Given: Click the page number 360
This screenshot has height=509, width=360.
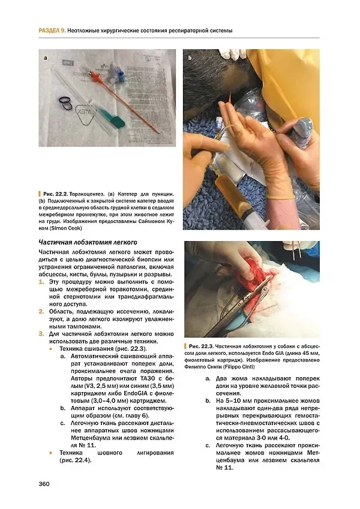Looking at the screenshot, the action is (x=44, y=484).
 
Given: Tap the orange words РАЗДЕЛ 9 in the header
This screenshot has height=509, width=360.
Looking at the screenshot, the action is (x=52, y=31).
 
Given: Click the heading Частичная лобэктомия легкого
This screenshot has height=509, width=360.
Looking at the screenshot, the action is (x=88, y=242).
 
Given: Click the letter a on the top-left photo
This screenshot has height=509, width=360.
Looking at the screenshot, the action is (x=46, y=58).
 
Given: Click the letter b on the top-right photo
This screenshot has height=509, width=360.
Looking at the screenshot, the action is (x=190, y=58).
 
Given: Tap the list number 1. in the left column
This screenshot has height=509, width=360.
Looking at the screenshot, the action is (x=41, y=282).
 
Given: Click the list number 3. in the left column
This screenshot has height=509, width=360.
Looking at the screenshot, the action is (x=41, y=334).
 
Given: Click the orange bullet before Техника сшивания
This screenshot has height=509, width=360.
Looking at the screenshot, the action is (x=50, y=349).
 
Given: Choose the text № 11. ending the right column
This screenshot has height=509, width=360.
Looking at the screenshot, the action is (x=224, y=468).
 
